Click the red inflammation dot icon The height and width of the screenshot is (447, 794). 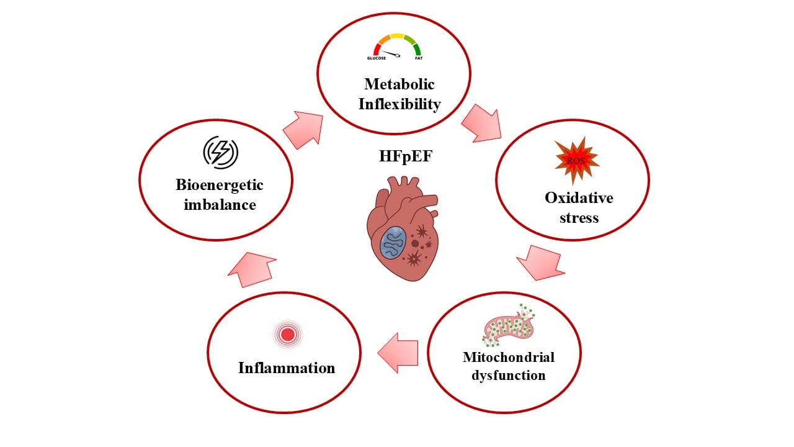[x=287, y=335]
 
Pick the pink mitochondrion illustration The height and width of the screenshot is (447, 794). [x=508, y=325]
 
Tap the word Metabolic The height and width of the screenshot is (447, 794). [x=399, y=84]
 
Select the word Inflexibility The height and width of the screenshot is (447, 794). [x=399, y=104]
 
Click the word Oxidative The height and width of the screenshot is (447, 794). [x=579, y=197]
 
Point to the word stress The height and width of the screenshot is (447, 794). [x=578, y=217]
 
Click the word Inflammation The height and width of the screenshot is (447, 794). [x=287, y=368]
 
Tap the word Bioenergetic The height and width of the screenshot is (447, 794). [x=220, y=184]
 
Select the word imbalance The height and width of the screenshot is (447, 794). [x=220, y=204]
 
